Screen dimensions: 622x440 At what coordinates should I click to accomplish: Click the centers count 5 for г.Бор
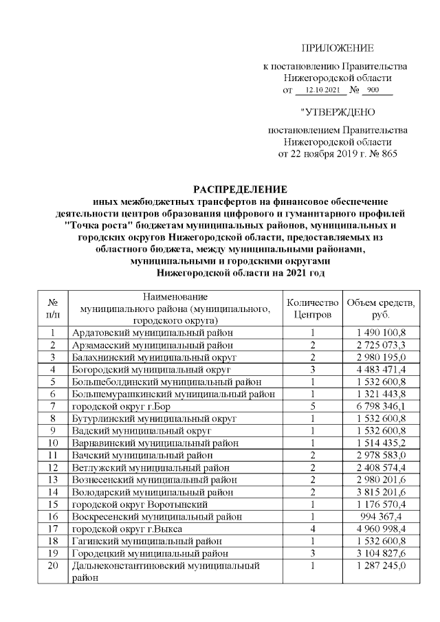click(x=312, y=406)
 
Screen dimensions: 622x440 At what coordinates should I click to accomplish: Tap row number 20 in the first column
click(x=52, y=566)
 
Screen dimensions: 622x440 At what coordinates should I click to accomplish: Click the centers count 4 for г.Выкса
click(x=312, y=529)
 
